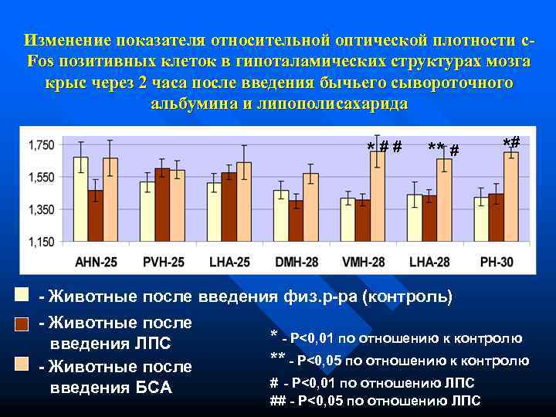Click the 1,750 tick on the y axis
coord(41,145)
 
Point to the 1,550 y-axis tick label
coord(41,178)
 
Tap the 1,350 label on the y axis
coord(41,209)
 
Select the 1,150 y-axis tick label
coord(41,242)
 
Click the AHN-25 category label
coord(97,262)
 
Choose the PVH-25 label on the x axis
coord(163,262)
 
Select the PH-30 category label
coord(496,262)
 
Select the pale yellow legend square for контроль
coord(22,295)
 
